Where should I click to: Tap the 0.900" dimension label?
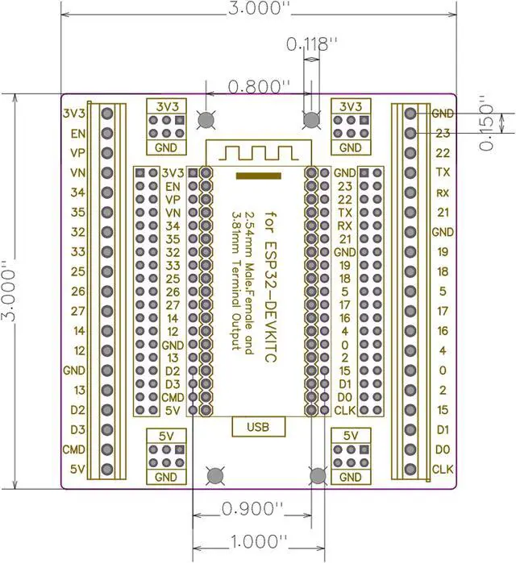[x=253, y=509]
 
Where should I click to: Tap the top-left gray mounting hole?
[x=206, y=120]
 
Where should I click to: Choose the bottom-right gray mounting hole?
[x=318, y=475]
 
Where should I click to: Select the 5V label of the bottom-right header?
[x=351, y=436]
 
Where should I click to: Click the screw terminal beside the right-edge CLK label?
[x=411, y=469]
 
